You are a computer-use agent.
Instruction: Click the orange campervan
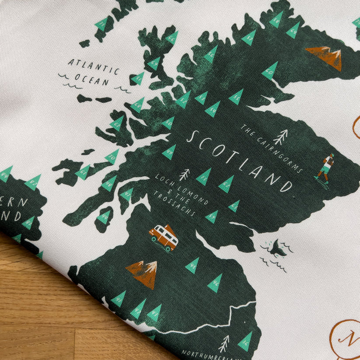pos(163,238)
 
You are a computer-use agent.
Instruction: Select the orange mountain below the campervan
pos(142,273)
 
